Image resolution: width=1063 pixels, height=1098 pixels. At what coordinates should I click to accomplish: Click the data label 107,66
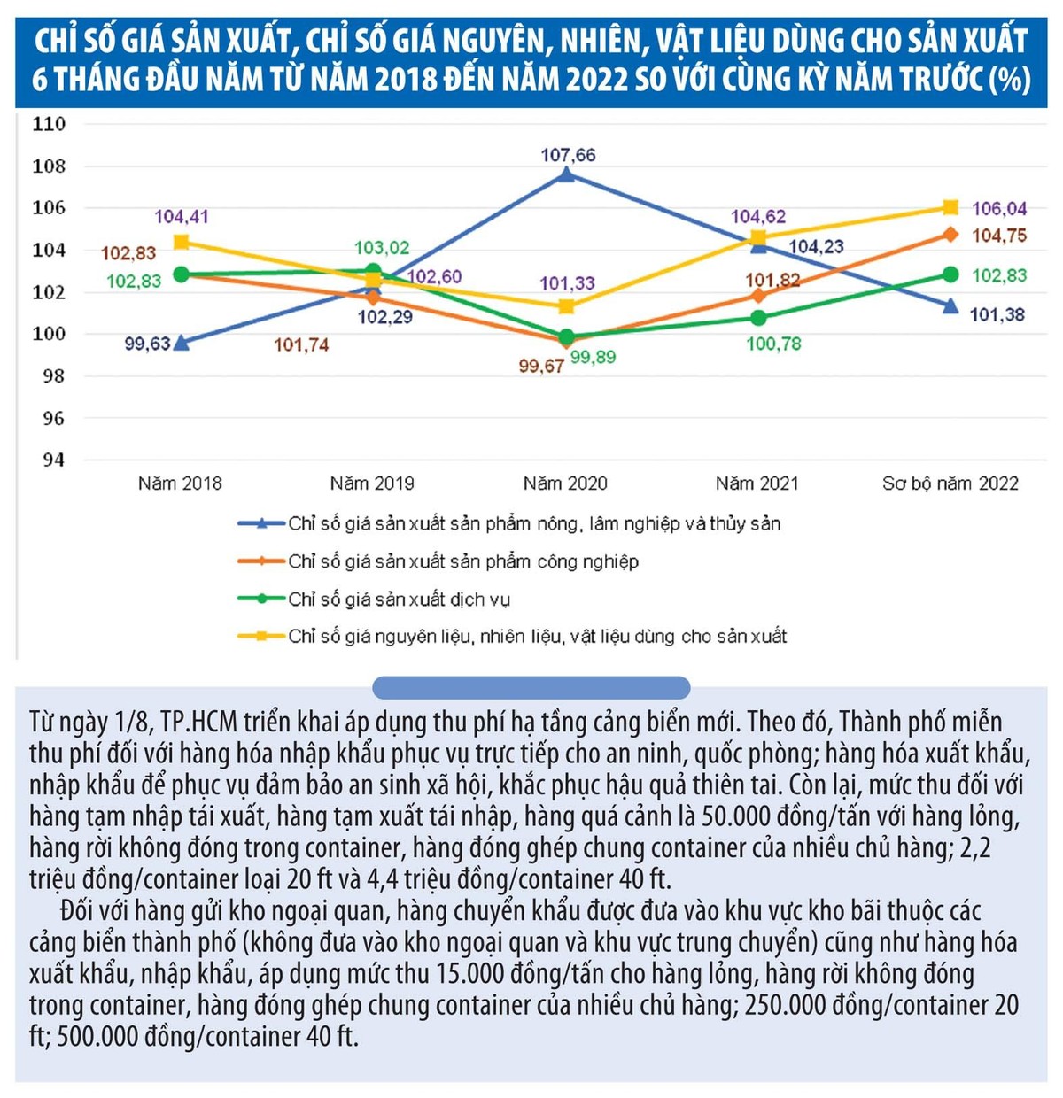click(x=568, y=155)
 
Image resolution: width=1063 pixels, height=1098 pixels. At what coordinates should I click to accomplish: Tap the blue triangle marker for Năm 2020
click(x=566, y=174)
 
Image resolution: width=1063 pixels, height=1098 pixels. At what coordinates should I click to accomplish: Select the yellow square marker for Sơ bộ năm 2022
click(x=950, y=207)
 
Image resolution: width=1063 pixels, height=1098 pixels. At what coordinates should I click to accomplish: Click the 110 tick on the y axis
click(x=49, y=124)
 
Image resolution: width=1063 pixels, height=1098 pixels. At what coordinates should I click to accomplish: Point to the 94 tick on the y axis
click(x=53, y=460)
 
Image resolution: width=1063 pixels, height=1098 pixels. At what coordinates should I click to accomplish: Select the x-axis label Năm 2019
click(x=372, y=483)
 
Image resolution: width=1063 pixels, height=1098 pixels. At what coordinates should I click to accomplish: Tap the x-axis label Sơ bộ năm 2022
click(x=950, y=483)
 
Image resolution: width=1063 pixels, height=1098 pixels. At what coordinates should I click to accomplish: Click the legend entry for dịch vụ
click(x=399, y=599)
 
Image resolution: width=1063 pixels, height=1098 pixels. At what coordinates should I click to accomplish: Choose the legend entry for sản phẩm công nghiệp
click(x=462, y=561)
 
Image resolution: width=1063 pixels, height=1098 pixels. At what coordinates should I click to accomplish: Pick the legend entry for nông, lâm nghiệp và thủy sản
click(x=533, y=523)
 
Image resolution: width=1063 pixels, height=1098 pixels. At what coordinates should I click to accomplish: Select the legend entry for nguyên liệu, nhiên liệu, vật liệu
click(x=537, y=637)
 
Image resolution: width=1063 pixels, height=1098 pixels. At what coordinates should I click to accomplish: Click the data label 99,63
click(x=147, y=344)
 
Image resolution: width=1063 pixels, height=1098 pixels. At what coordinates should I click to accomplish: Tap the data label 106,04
click(x=999, y=209)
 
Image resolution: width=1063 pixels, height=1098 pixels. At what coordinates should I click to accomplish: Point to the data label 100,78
click(x=773, y=344)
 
